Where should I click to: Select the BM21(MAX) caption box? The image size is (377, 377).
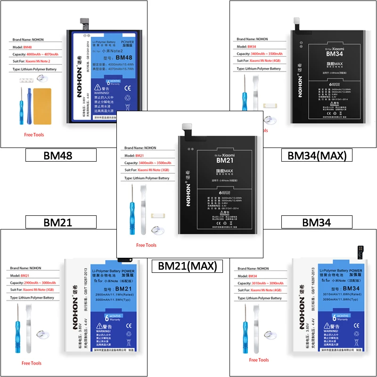click(x=185, y=266)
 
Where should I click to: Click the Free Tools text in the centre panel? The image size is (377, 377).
click(x=146, y=245)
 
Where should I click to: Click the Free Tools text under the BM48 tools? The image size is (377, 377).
click(x=34, y=135)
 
